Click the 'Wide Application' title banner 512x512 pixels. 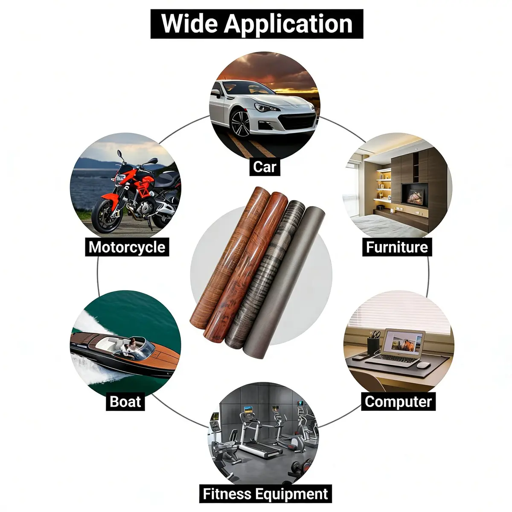pyautogui.click(x=257, y=24)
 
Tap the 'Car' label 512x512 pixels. pyautogui.click(x=265, y=167)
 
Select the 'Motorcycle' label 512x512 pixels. pyautogui.click(x=127, y=247)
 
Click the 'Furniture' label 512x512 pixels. pyautogui.click(x=397, y=247)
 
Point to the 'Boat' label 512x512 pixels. pyautogui.click(x=125, y=401)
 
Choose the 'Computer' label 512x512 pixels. pyautogui.click(x=398, y=401)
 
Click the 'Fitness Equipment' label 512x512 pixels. pyautogui.click(x=265, y=486)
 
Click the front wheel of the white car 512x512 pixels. pyautogui.click(x=240, y=124)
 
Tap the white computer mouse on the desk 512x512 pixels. pyautogui.click(x=424, y=365)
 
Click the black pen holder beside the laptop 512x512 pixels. pyautogui.click(x=373, y=346)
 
